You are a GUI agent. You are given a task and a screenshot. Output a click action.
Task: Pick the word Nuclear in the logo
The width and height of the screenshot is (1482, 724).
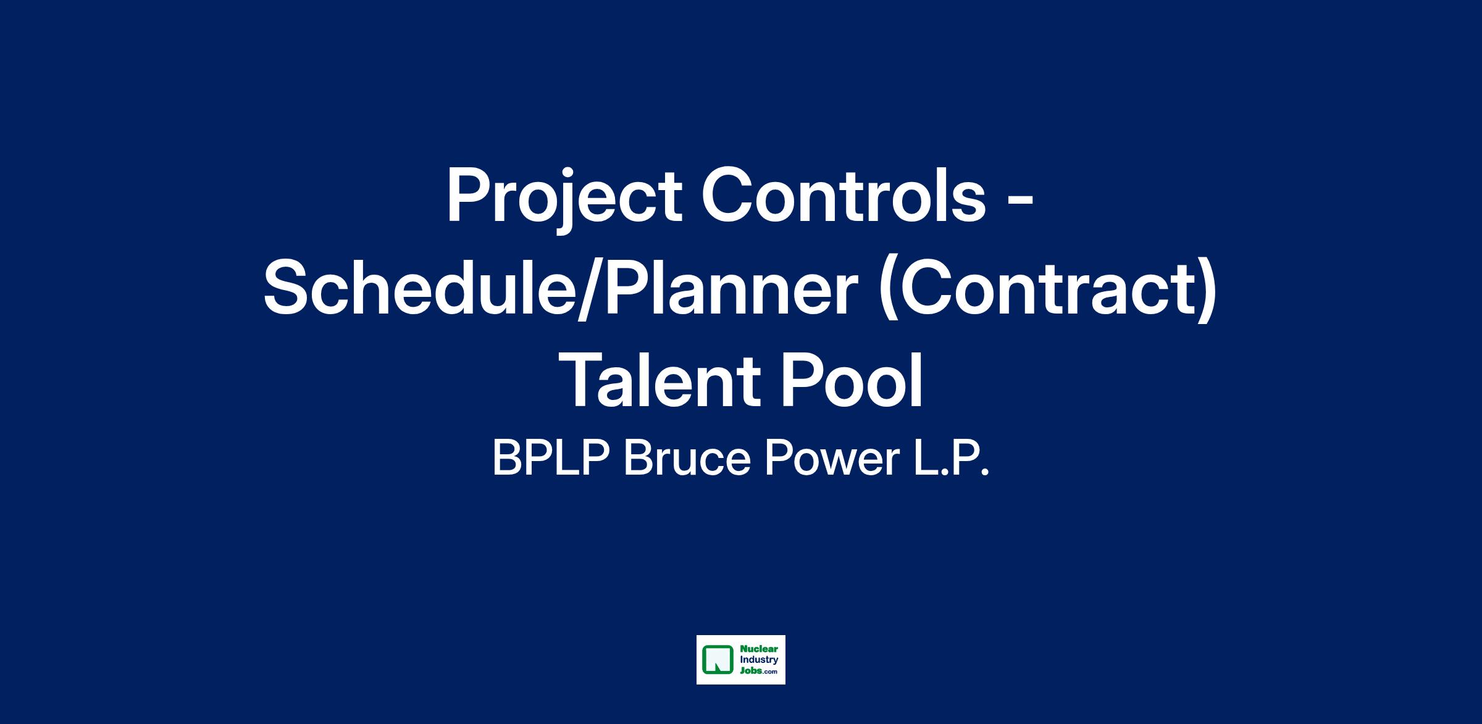click(x=755, y=650)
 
